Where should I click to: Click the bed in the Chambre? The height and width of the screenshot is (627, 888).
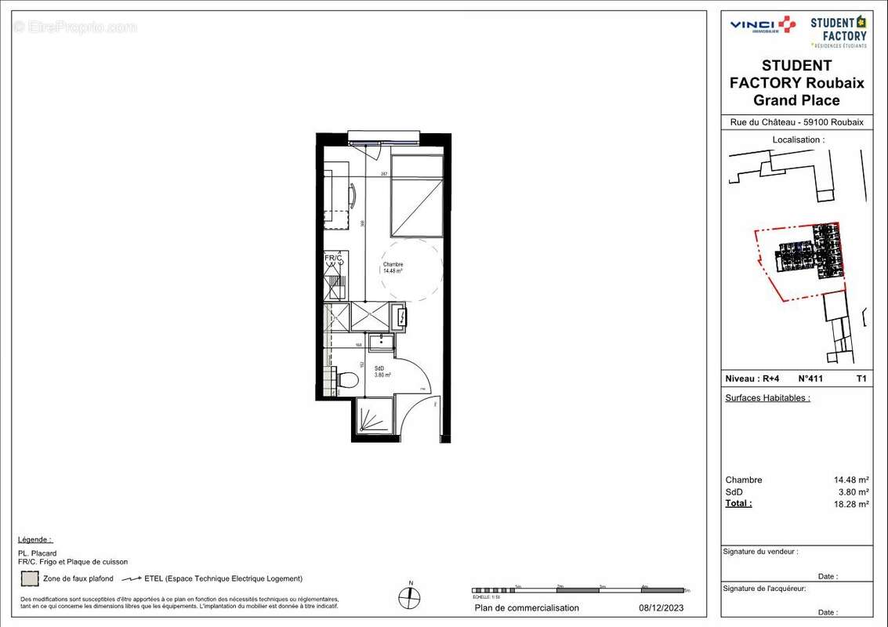tap(416, 196)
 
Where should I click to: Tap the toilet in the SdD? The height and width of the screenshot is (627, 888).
tap(346, 380)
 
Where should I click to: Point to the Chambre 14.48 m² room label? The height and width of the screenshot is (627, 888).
tap(393, 268)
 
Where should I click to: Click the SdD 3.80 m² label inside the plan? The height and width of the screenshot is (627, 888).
tap(382, 371)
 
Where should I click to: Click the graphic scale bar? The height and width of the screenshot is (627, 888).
tap(580, 590)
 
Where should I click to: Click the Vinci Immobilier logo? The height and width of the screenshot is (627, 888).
tap(762, 25)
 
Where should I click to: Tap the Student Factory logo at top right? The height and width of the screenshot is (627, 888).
tap(838, 31)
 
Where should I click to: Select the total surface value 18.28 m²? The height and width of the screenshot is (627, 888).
tap(850, 505)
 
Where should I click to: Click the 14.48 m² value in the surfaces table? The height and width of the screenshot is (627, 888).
tap(850, 480)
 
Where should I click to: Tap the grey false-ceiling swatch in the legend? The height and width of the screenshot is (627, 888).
tap(30, 579)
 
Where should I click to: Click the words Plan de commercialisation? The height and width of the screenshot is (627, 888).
tap(527, 608)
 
